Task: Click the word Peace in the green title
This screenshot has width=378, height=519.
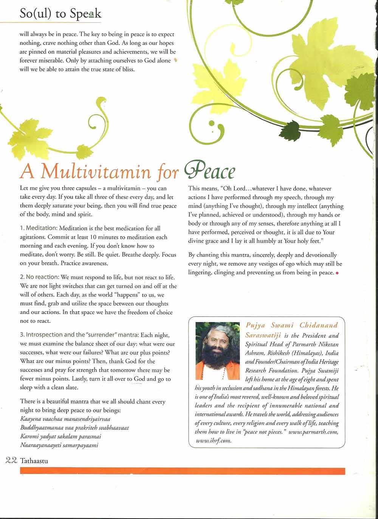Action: pos(210,172)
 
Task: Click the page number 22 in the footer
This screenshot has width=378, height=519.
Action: pos(11,460)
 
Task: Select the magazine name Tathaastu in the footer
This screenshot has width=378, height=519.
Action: pos(34,460)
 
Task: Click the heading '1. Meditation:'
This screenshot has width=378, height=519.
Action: pos(39,228)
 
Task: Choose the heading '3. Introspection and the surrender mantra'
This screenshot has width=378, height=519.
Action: pos(79,335)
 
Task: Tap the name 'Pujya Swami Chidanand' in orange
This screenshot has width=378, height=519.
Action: pos(291,325)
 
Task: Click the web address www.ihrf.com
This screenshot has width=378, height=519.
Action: pos(214,440)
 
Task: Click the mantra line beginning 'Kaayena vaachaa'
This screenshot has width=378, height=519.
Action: pos(65,419)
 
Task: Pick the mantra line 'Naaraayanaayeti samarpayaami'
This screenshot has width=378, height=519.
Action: pos(59,445)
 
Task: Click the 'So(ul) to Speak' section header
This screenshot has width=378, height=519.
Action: pos(60,14)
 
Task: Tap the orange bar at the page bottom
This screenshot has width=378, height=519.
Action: pos(182,471)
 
